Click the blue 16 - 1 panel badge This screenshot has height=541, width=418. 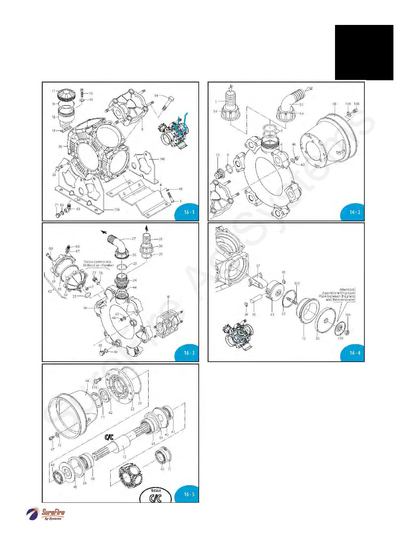[189, 212]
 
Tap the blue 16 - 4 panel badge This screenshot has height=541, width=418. [354, 353]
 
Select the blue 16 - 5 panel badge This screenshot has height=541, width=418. [189, 494]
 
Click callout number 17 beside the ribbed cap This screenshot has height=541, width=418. [53, 91]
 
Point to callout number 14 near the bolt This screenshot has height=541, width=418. [156, 96]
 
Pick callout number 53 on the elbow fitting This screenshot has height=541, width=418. [301, 105]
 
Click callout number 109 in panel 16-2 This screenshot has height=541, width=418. [348, 104]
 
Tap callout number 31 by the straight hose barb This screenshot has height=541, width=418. [161, 239]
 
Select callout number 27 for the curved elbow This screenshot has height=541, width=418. [134, 238]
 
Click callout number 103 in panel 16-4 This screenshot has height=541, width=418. [297, 283]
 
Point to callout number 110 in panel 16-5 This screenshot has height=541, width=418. [94, 387]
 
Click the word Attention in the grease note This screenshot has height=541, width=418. [347, 290]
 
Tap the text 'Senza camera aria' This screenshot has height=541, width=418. [97, 262]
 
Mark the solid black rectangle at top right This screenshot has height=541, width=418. [364, 52]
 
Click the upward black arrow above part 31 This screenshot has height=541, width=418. [147, 228]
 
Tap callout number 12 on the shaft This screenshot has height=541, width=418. [124, 457]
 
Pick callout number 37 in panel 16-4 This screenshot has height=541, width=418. [258, 266]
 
